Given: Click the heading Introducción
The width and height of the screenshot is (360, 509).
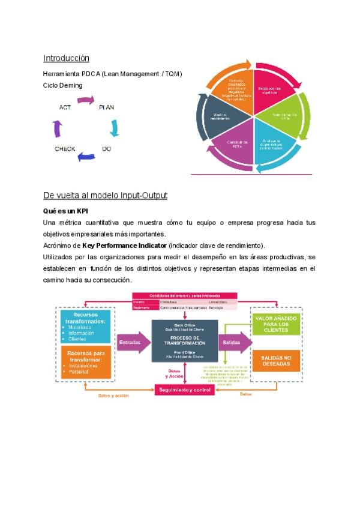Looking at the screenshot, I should coord(66,58).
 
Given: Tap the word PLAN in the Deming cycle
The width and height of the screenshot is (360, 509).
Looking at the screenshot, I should coord(106,107).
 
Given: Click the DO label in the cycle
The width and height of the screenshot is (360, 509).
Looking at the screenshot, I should coord(106,148).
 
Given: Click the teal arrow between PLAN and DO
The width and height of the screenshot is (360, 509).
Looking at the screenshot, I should coord(115,128).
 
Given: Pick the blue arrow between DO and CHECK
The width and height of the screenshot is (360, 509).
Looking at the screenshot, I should coord(86,157).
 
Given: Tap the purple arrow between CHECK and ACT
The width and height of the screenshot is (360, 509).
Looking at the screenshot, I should coord(58,128).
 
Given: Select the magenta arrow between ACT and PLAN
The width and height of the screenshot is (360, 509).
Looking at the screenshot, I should coord(86,100).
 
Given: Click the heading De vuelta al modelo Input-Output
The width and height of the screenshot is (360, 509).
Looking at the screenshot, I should coord(105,196).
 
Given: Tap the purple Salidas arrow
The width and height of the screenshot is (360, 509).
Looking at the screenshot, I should coord(233,342).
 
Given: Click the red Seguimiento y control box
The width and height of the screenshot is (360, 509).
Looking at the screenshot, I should coord(185,390).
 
